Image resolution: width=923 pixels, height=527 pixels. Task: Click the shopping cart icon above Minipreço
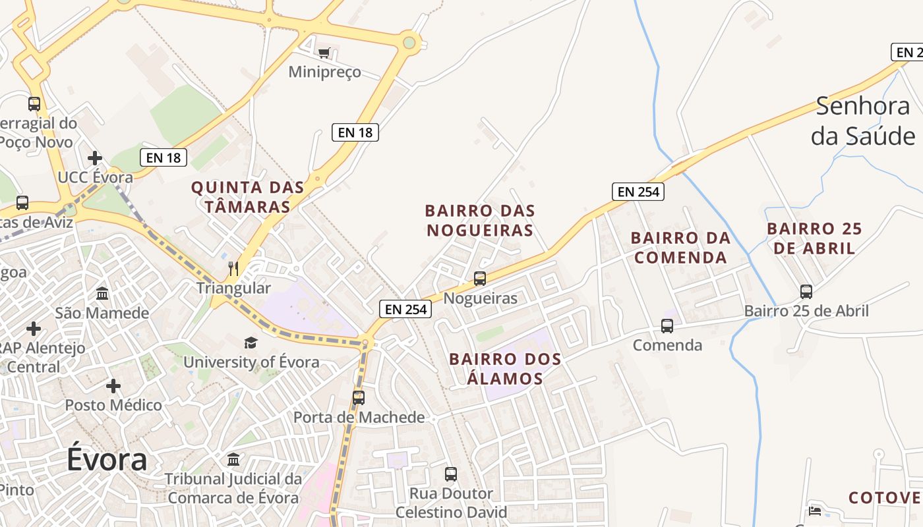click(324, 53)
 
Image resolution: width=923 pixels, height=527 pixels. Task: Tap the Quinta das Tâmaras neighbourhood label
click(247, 197)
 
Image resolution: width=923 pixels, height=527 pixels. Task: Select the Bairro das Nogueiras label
click(480, 221)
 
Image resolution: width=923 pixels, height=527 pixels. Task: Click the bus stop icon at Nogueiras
click(480, 278)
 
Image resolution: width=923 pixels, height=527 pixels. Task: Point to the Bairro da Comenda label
click(680, 247)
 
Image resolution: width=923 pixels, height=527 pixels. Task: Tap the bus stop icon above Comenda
click(667, 325)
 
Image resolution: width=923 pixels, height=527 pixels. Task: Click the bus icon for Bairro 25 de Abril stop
click(806, 291)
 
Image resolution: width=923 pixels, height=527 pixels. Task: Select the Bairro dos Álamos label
click(505, 369)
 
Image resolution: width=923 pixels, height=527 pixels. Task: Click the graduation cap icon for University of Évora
click(251, 343)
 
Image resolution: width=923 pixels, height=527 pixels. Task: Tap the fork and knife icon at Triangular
click(233, 268)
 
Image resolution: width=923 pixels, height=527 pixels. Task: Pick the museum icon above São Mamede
click(102, 293)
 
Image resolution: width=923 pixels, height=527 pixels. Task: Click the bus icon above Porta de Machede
click(358, 397)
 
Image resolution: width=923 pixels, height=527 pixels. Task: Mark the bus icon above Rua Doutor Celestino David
click(451, 474)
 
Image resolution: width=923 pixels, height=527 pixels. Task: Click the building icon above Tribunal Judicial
click(233, 459)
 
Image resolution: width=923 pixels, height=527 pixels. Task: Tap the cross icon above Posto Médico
click(113, 385)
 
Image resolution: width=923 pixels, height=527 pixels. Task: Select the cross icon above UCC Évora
click(95, 158)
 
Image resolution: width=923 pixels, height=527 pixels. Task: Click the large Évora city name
click(106, 459)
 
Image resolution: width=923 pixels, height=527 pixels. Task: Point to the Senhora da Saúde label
click(862, 121)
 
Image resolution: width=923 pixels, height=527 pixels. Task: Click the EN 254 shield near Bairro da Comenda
click(638, 192)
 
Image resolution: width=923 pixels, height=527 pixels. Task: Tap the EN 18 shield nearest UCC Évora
click(164, 157)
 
